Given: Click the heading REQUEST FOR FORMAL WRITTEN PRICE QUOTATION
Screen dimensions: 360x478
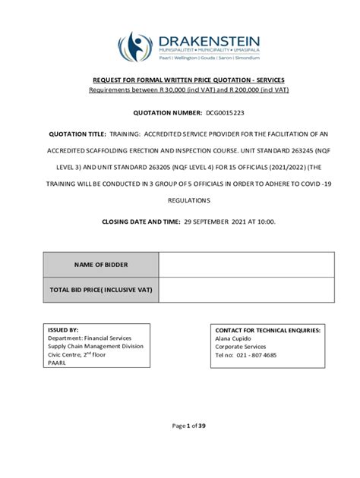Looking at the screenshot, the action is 179,80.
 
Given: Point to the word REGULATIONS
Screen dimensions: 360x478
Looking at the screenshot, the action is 179,200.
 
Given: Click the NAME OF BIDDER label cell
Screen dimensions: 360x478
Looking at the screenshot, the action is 100,264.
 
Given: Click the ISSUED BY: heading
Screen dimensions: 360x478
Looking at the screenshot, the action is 63,331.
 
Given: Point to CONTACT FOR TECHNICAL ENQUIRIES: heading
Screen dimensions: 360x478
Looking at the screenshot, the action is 267,331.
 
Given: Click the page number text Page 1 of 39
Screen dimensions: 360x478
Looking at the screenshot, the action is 179,426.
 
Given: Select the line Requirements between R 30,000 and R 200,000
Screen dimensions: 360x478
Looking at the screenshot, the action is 179,90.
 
